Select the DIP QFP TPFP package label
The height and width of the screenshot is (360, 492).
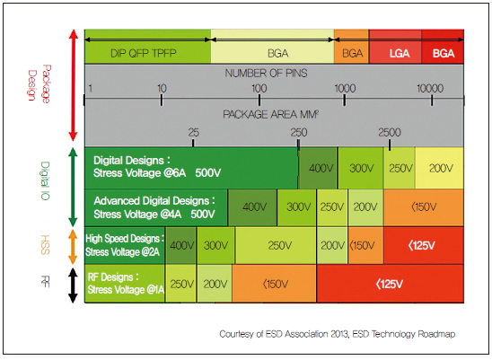click(144, 53)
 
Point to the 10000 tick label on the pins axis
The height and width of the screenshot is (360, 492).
click(430, 89)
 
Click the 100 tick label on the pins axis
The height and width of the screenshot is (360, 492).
click(259, 89)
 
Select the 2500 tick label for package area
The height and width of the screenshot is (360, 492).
click(390, 133)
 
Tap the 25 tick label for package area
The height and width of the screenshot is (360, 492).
click(194, 133)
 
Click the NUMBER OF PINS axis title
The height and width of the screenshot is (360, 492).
click(266, 73)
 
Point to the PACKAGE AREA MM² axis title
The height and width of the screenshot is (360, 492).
click(271, 114)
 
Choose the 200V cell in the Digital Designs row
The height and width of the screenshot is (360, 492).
click(439, 168)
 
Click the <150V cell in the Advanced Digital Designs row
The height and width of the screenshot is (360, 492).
click(423, 207)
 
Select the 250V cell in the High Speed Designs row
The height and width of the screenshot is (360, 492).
click(276, 245)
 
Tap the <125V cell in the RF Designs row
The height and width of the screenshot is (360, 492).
click(390, 284)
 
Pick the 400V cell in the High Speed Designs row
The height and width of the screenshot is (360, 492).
click(180, 245)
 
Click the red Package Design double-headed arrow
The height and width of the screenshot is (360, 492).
click(73, 85)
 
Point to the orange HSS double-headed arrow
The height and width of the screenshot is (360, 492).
click(73, 247)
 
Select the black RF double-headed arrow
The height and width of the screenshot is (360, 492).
click(73, 285)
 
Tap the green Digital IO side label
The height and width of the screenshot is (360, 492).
click(46, 180)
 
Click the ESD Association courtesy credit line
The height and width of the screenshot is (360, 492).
click(338, 334)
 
